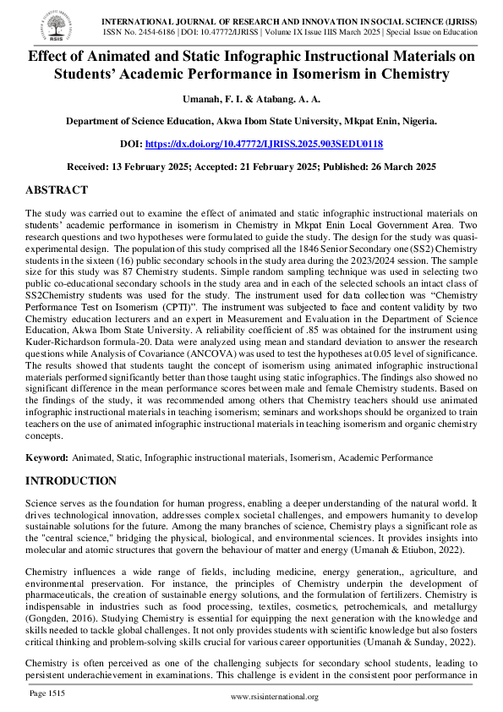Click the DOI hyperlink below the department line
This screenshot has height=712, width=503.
coord(264,145)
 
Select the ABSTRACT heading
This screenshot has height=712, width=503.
coord(57,190)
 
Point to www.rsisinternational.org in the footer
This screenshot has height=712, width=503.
coord(274,697)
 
